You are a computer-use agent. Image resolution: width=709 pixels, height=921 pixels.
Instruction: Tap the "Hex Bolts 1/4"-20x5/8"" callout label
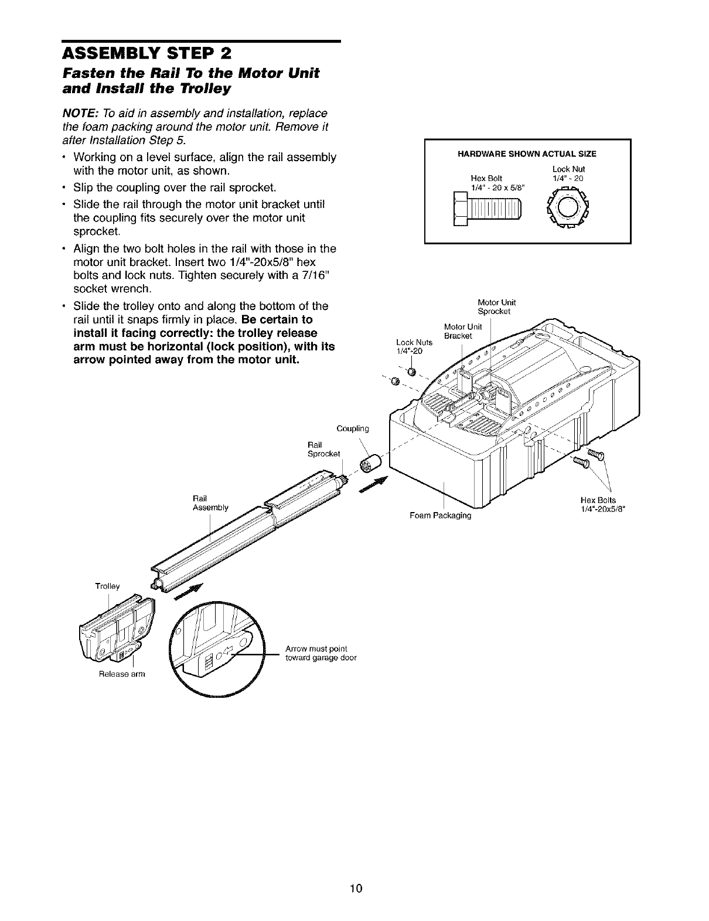pos(598,504)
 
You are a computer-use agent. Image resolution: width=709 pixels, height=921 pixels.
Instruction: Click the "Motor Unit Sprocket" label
pos(496,307)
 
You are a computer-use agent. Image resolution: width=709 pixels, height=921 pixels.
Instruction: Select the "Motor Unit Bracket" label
pos(463,330)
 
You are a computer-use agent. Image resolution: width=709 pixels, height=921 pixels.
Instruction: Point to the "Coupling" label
pos(353,428)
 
